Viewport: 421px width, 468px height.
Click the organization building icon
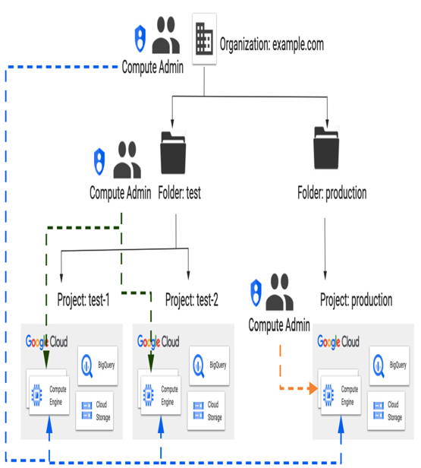tap(204, 39)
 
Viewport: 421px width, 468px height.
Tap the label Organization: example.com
tap(272, 45)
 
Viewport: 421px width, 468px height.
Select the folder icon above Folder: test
tap(173, 153)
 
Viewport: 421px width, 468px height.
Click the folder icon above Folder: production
tap(326, 147)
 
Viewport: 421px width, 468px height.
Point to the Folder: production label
tap(332, 193)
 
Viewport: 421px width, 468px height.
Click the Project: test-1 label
tap(83, 299)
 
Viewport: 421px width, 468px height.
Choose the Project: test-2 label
tap(192, 299)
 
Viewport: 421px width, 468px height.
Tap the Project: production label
tap(356, 299)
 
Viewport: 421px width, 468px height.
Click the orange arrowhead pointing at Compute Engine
tap(313, 388)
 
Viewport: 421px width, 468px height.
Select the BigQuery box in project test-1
tap(98, 365)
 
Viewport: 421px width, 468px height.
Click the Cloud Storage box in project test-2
tap(206, 411)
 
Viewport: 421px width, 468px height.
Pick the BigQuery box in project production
tap(389, 365)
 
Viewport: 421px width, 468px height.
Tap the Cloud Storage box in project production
tap(386, 411)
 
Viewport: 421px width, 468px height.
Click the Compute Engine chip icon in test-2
tap(149, 395)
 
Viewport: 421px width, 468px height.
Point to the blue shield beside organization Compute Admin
tap(140, 39)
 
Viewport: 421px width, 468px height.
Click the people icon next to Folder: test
tap(127, 160)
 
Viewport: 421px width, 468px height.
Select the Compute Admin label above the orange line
tap(279, 325)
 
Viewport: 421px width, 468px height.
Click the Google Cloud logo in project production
tap(338, 342)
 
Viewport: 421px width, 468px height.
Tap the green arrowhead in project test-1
tap(46, 359)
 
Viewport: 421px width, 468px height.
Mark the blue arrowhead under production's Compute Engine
tap(341, 425)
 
